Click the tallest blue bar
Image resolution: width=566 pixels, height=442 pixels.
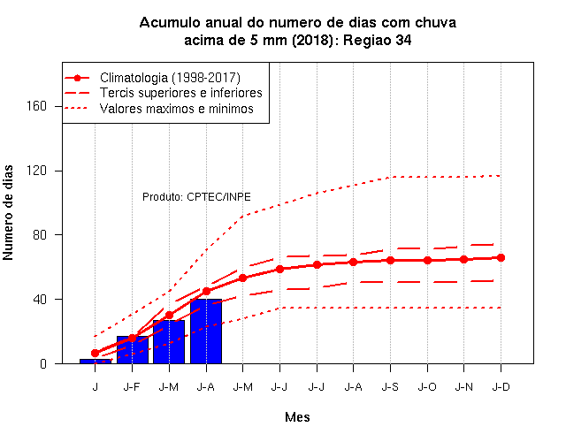206,331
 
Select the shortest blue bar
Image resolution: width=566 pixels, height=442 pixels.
96,362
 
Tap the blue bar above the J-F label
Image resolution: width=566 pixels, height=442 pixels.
133,350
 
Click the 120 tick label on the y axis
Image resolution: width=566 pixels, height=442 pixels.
36,171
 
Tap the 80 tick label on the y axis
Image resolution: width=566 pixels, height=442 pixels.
40,235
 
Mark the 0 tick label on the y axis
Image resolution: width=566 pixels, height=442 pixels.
43,363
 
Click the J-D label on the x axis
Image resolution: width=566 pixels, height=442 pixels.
501,387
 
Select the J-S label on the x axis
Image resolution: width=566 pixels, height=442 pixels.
390,387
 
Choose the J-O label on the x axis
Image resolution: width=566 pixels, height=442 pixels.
427,387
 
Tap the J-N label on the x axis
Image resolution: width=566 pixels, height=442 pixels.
463,387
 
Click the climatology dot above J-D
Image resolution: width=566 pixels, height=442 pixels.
501,257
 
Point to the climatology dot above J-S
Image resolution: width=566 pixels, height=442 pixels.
390,260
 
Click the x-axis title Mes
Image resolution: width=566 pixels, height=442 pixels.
297,417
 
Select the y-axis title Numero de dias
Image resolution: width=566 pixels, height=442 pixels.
8,213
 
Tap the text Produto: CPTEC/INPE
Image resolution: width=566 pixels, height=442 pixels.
196,197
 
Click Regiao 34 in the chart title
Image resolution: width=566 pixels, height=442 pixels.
378,40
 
